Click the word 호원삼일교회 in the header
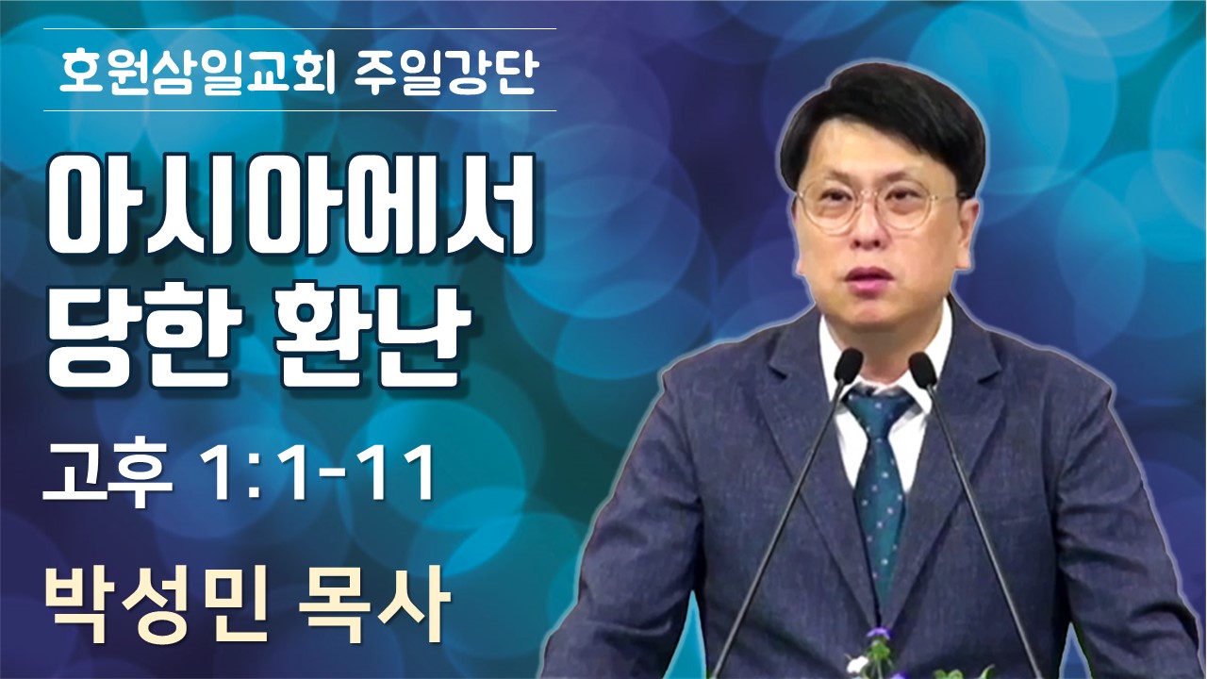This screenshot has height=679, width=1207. point(197,70)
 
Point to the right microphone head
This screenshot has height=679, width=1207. point(922,370)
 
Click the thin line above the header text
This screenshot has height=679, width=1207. point(300,28)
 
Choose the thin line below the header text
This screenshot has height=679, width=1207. point(300,110)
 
